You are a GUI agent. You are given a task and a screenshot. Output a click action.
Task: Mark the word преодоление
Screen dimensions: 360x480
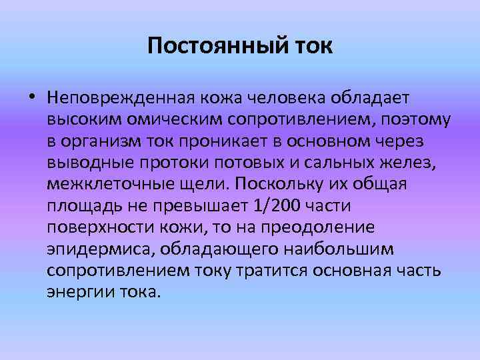(319, 228)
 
